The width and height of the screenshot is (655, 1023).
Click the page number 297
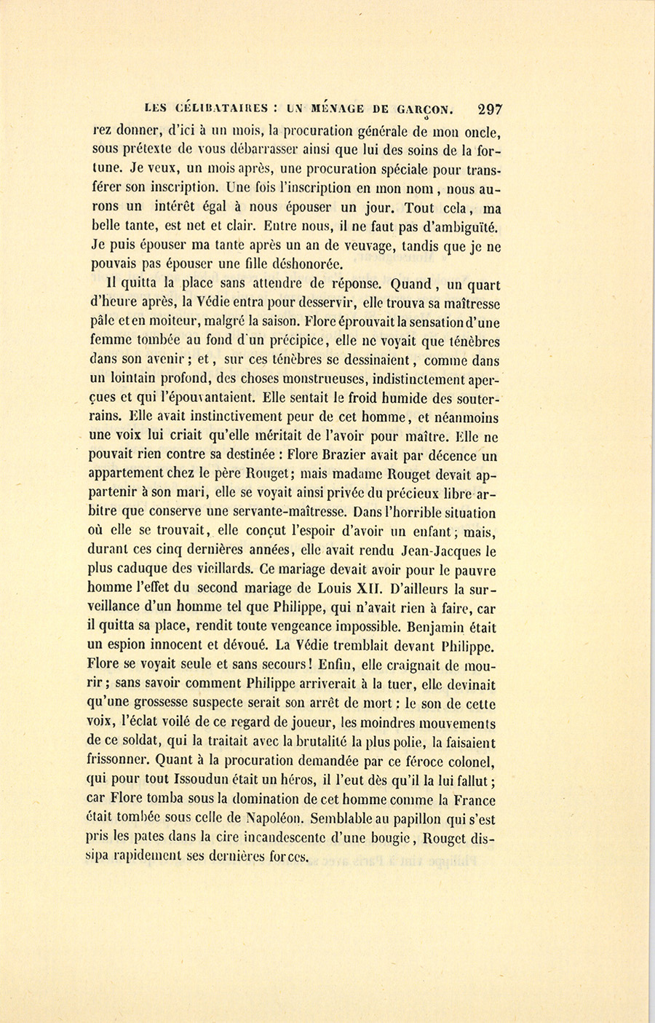[x=489, y=109]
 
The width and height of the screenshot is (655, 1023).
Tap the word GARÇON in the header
[x=425, y=109]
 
